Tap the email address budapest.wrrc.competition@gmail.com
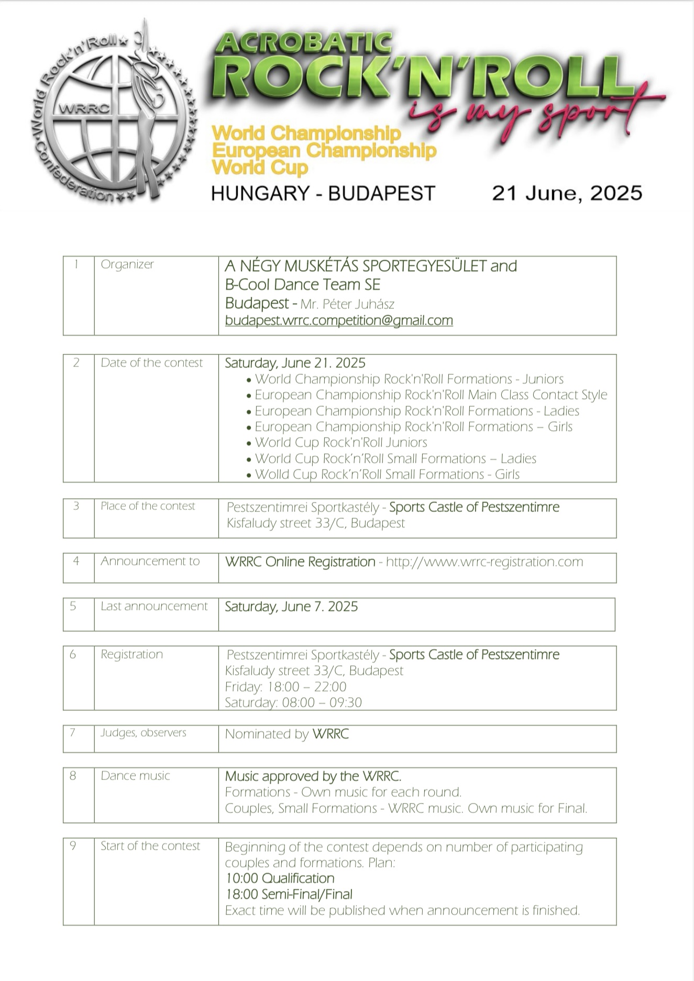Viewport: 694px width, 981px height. tap(339, 320)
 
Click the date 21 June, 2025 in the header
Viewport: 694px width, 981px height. tap(567, 193)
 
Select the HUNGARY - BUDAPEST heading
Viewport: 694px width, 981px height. tap(323, 194)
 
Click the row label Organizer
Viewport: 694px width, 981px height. tap(127, 264)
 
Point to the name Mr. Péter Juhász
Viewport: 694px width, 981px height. tap(347, 304)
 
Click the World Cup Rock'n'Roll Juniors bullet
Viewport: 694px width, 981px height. tap(340, 442)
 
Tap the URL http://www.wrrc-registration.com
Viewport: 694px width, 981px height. tap(484, 562)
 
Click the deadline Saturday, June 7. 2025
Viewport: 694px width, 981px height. tap(291, 607)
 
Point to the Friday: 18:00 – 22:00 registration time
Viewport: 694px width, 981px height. tap(285, 687)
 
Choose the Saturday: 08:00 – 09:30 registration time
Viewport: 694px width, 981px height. tap(293, 703)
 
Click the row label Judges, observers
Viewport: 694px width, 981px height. tap(143, 733)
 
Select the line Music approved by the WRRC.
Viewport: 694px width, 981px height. tap(313, 776)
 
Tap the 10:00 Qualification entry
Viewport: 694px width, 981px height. tap(280, 878)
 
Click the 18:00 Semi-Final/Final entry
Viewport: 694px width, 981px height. tap(289, 895)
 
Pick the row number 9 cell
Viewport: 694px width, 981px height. tap(73, 846)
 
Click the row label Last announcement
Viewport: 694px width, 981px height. tap(154, 606)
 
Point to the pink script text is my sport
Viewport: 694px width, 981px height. tap(529, 113)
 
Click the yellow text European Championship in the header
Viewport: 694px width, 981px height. tap(324, 151)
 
